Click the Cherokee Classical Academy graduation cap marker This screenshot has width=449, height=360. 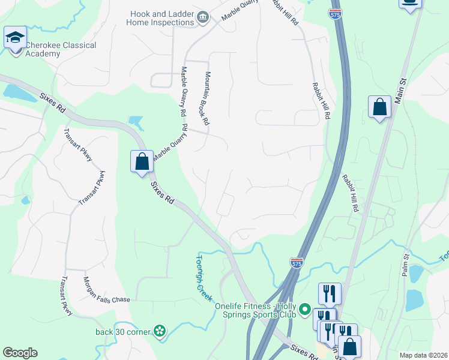click(15, 38)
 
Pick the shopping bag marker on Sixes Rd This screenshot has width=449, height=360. click(142, 161)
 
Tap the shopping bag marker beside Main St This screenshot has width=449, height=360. click(379, 108)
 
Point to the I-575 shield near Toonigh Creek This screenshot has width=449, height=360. click(297, 262)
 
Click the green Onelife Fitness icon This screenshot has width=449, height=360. click(305, 310)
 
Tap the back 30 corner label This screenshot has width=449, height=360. click(123, 331)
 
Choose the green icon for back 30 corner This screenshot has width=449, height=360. click(159, 330)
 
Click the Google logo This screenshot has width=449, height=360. click(20, 353)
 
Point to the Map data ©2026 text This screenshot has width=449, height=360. click(423, 355)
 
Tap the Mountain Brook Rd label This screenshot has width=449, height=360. click(206, 98)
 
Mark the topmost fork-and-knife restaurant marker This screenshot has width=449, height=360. click(330, 293)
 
